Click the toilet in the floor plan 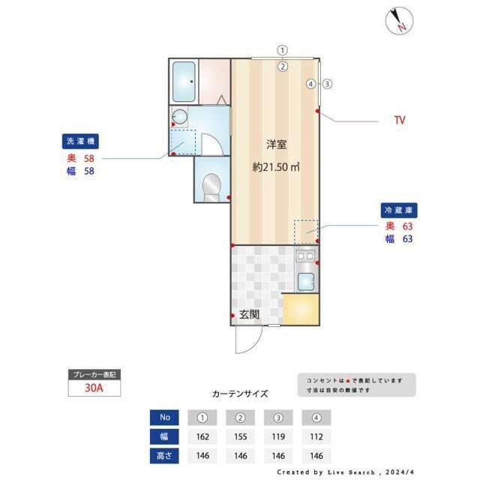(x=211, y=185)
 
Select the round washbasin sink (x=179, y=116)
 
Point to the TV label (x=400, y=120)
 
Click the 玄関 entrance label (x=249, y=315)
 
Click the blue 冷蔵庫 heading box (x=397, y=211)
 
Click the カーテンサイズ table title (x=239, y=393)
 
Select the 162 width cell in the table (x=202, y=436)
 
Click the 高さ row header (x=163, y=455)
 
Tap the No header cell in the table (x=163, y=417)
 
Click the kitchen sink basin (x=305, y=282)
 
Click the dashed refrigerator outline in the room (x=306, y=232)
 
